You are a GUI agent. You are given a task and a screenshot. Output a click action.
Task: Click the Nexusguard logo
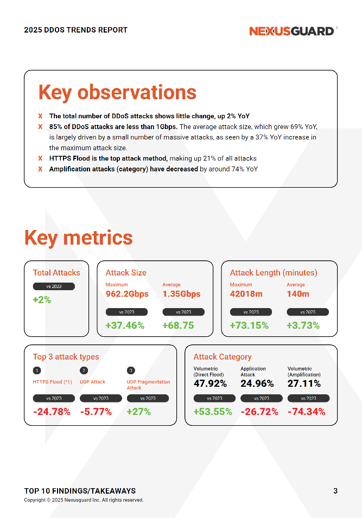pyautogui.click(x=292, y=31)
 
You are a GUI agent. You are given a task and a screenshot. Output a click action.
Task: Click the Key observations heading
pyautogui.click(x=117, y=92)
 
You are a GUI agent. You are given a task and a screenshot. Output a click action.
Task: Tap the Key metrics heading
pyautogui.click(x=79, y=238)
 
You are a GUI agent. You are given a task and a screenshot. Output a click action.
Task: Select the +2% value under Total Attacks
pyautogui.click(x=42, y=299)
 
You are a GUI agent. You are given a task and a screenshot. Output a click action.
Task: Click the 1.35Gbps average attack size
pyautogui.click(x=181, y=294)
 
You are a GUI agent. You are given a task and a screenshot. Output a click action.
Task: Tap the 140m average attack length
pyautogui.click(x=298, y=294)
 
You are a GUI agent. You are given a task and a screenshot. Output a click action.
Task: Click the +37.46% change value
pyautogui.click(x=125, y=325)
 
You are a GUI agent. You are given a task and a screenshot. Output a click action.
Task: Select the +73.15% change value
pyautogui.click(x=249, y=325)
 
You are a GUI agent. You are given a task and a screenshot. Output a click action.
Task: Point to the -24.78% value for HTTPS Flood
pyautogui.click(x=52, y=412)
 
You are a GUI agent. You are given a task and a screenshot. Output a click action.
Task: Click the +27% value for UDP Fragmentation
pyautogui.click(x=138, y=412)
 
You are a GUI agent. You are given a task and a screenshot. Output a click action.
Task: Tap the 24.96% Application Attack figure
pyautogui.click(x=257, y=383)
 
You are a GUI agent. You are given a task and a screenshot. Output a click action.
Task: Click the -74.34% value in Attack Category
pyautogui.click(x=307, y=412)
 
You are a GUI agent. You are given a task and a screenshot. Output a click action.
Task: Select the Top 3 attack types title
pyautogui.click(x=66, y=357)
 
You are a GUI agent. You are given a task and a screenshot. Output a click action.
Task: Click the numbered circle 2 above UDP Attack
pyautogui.click(x=84, y=370)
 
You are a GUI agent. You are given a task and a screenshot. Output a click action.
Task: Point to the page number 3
pyautogui.click(x=335, y=491)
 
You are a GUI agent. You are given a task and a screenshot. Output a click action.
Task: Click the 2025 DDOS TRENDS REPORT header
pyautogui.click(x=76, y=30)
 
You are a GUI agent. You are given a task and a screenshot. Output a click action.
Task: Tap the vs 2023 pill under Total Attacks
pyautogui.click(x=54, y=286)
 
